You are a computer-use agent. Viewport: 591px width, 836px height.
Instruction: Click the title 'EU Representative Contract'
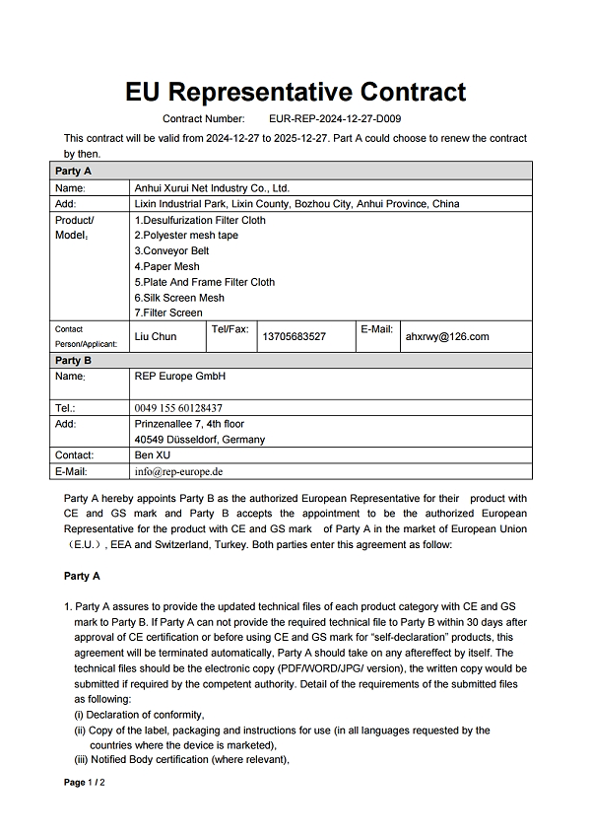(x=295, y=93)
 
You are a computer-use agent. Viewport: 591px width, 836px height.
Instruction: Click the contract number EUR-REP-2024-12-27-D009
(x=335, y=118)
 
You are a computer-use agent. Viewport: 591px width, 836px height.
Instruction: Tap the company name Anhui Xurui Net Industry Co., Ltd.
(x=212, y=187)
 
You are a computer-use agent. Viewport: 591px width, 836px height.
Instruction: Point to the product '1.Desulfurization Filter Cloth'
(x=200, y=220)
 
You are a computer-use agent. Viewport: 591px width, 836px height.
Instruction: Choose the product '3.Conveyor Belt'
(x=171, y=251)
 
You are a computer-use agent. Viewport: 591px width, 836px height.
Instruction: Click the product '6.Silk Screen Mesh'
(x=179, y=298)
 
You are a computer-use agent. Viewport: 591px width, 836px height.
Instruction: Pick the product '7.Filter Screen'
(x=168, y=313)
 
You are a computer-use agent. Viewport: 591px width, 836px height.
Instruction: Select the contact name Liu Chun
(x=156, y=336)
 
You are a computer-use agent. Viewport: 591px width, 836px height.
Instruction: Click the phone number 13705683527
(x=295, y=337)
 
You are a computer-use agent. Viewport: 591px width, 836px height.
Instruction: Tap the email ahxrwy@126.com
(x=447, y=336)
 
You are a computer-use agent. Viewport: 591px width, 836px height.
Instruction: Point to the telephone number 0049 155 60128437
(x=178, y=407)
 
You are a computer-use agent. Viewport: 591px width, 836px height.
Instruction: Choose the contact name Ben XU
(x=153, y=455)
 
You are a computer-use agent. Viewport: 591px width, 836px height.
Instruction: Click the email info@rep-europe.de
(x=179, y=471)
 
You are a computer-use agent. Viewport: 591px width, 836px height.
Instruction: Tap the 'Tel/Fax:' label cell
(x=230, y=328)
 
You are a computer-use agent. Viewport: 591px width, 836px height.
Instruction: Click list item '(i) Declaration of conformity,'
(x=139, y=715)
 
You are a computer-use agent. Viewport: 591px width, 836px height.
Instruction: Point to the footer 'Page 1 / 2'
(x=85, y=783)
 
